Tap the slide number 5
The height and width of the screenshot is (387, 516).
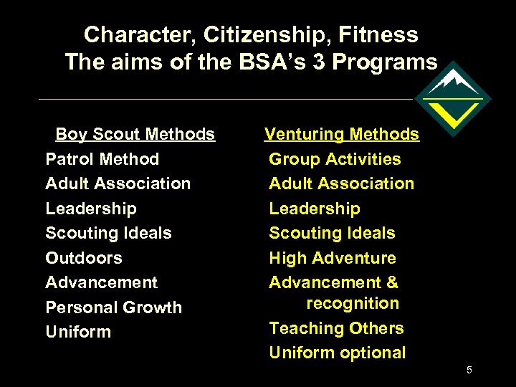[x=469, y=370]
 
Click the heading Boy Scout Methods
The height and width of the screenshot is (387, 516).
[x=135, y=134]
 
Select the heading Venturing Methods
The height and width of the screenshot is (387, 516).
[x=342, y=134]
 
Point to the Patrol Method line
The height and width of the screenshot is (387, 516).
[x=102, y=159]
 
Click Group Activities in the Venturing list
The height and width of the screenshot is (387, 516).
[x=335, y=159]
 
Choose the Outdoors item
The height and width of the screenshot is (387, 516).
[x=84, y=258]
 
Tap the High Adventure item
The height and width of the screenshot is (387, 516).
[x=332, y=258]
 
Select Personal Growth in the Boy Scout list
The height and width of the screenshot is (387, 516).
[x=113, y=307]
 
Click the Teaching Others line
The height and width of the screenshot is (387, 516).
[x=336, y=328]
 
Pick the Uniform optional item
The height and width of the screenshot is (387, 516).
[x=337, y=353]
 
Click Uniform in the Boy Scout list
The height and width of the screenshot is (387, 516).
[x=78, y=332]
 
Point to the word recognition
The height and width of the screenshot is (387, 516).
[x=353, y=303]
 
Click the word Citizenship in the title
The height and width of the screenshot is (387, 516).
[x=267, y=34]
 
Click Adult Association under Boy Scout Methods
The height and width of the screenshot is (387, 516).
[x=118, y=183]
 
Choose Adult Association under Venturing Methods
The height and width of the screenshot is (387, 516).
[x=341, y=183]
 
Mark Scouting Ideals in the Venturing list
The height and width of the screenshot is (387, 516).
[x=332, y=233]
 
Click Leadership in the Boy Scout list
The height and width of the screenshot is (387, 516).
[x=90, y=209]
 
